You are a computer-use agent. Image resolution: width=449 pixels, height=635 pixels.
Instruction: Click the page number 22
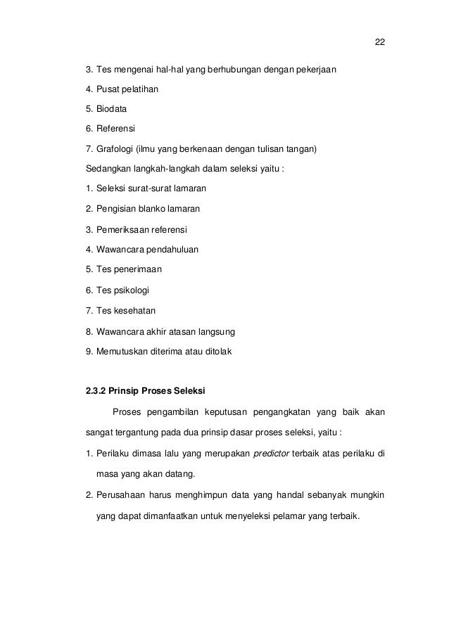(x=379, y=42)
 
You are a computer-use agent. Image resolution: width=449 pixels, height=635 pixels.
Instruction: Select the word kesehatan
(x=134, y=310)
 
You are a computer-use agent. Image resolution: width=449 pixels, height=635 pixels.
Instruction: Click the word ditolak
(x=226, y=350)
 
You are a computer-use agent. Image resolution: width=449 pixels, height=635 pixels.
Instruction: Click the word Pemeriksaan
(x=122, y=230)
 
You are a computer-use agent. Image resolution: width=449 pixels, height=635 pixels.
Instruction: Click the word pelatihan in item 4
(x=140, y=90)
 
